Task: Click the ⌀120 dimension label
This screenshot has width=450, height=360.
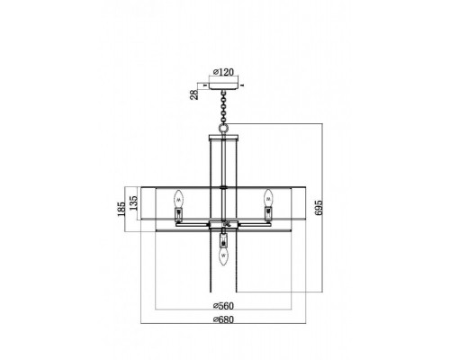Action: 223,72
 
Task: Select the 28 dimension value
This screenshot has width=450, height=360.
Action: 194,94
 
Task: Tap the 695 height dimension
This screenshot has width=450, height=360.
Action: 319,208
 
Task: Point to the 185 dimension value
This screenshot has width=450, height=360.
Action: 121,209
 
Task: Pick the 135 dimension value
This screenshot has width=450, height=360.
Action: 133,202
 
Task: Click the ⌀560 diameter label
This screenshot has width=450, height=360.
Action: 223,306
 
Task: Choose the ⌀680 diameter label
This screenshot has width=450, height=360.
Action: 223,319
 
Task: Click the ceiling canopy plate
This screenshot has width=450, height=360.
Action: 223,85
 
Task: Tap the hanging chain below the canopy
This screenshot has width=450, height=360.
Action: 223,107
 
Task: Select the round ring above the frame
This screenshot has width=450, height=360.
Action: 223,129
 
